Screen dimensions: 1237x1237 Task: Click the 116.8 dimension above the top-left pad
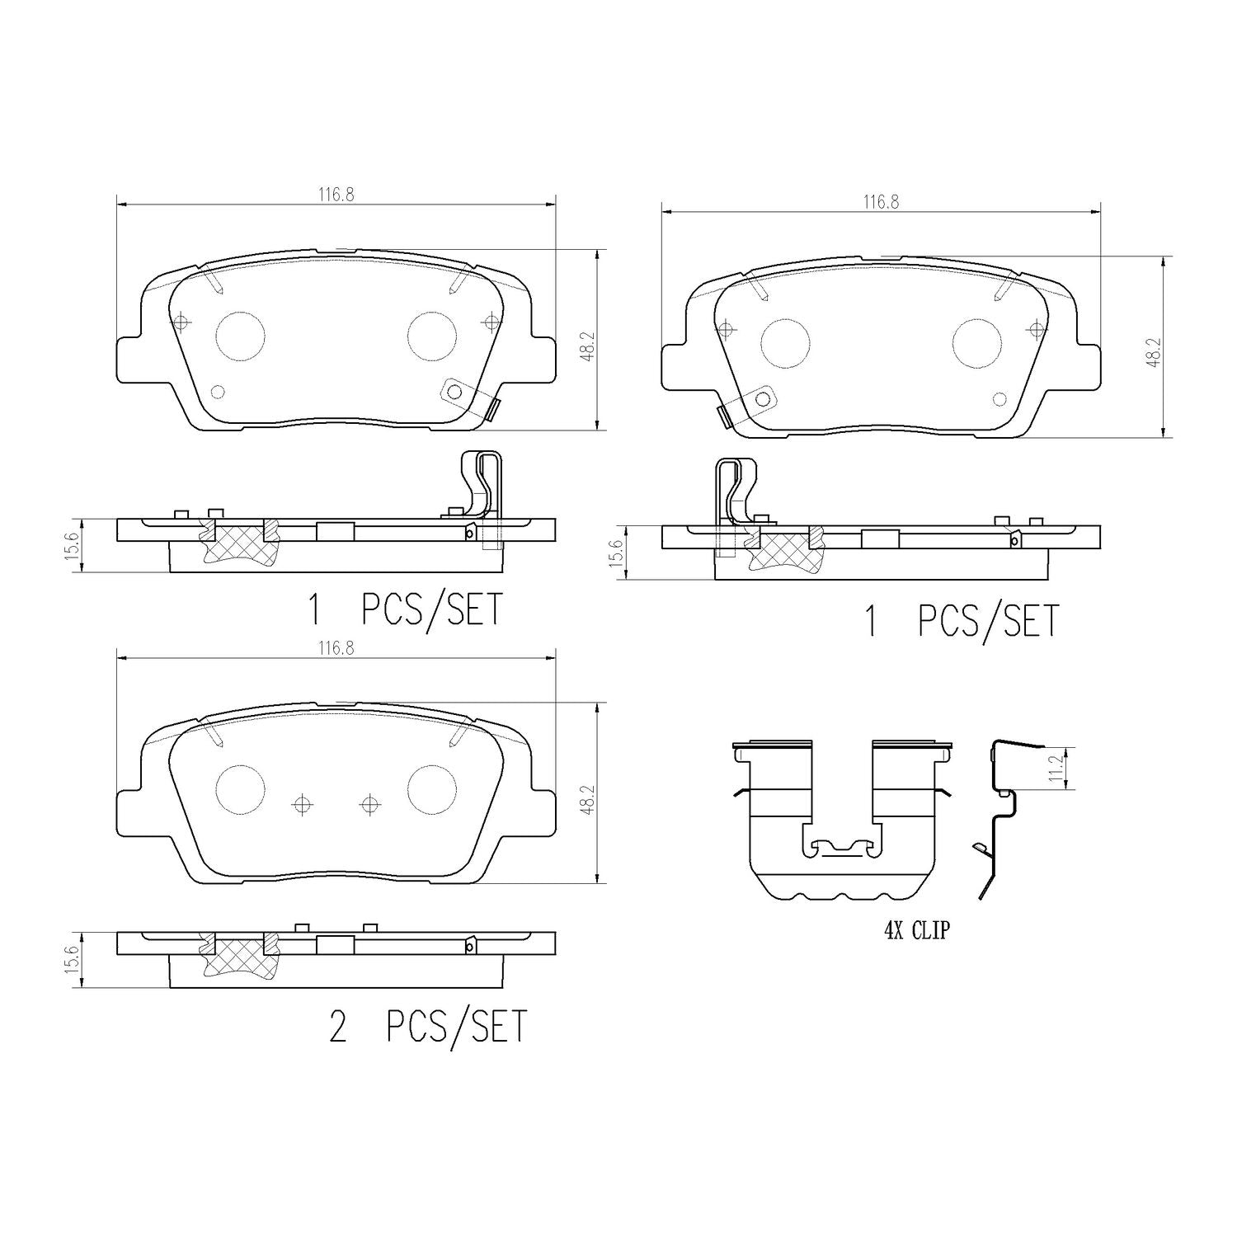[x=336, y=195]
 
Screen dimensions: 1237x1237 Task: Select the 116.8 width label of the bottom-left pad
[x=336, y=649]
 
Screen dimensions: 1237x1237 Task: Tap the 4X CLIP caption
[x=917, y=931]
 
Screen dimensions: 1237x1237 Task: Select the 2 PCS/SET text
[x=427, y=1027]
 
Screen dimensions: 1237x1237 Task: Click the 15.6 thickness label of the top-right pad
[x=614, y=553]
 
